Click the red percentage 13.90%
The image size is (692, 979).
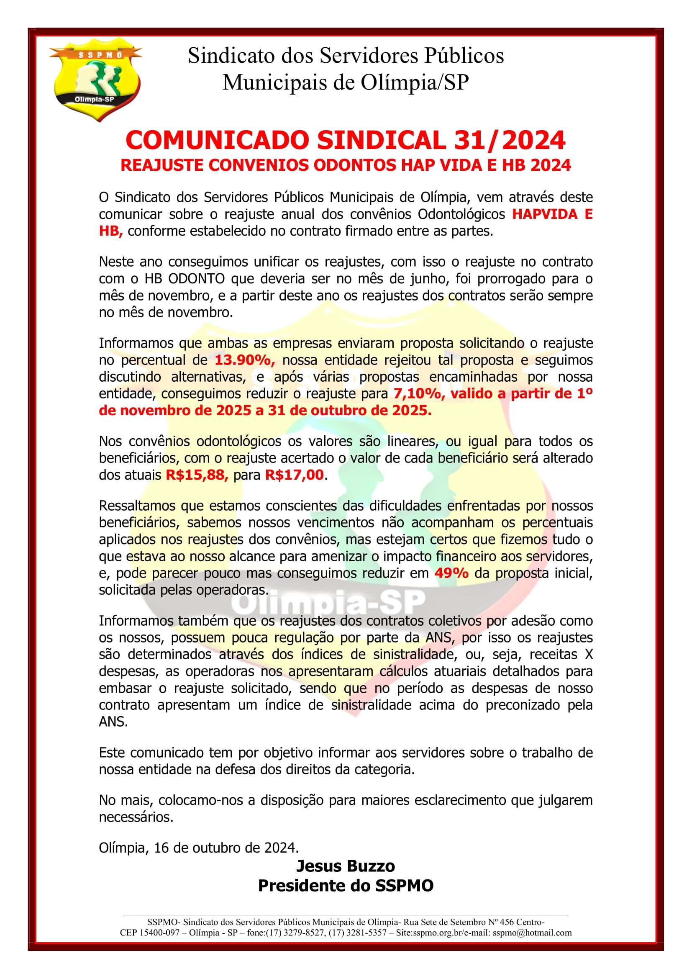245,360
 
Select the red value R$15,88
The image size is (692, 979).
197,475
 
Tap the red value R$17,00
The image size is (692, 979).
294,475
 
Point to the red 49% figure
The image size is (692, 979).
451,573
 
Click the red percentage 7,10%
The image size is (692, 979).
419,393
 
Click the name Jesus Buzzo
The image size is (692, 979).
346,866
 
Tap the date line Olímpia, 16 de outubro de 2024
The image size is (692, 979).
199,847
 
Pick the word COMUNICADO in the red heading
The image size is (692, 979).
217,140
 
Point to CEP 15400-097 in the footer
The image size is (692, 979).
149,933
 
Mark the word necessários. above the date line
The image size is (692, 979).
136,817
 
